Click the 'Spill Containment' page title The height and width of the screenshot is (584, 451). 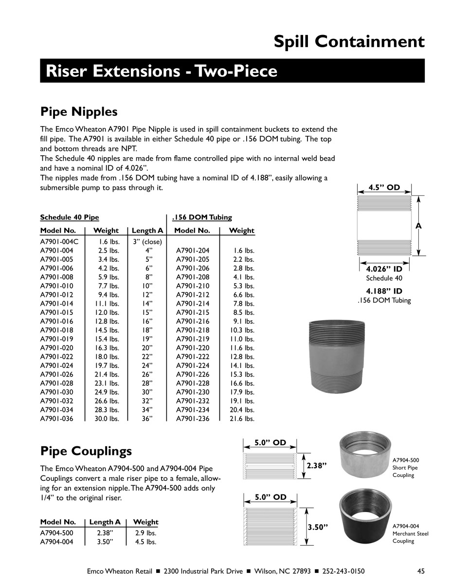(349, 42)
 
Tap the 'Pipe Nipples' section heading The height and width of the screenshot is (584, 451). (78, 111)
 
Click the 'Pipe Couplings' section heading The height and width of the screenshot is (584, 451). (86, 451)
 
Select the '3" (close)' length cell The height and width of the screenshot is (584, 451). (147, 241)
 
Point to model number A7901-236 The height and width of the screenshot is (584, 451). (193, 418)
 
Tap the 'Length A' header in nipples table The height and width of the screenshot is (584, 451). (147, 230)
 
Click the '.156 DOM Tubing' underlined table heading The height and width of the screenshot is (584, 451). (202, 217)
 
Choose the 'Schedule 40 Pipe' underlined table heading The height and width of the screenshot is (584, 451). (69, 217)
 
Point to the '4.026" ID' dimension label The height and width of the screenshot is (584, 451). (384, 269)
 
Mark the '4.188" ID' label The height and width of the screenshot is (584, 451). (384, 291)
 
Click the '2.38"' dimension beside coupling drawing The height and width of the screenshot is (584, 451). (315, 465)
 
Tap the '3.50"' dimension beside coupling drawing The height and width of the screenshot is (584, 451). (317, 527)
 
